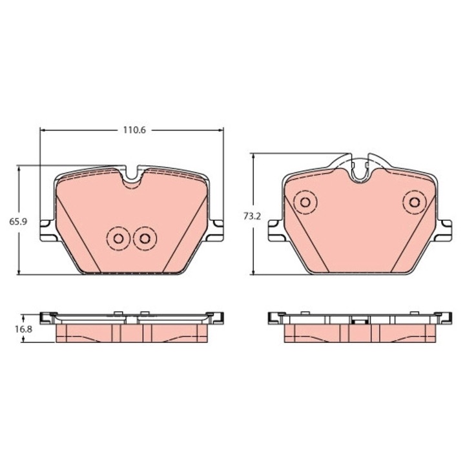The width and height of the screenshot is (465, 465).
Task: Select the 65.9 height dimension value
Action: (17, 221)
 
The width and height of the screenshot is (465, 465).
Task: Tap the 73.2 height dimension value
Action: (251, 217)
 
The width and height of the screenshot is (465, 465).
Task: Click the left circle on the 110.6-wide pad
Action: (118, 238)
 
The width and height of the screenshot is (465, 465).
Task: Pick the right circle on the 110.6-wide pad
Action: (144, 239)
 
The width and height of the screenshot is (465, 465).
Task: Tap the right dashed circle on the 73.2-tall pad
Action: (413, 203)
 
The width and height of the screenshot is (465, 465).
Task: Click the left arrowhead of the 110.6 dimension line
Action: (44, 130)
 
